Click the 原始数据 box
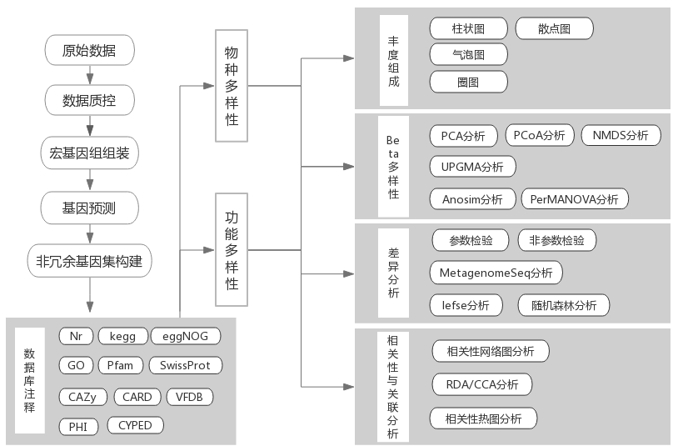click(x=89, y=51)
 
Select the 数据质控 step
click(x=89, y=102)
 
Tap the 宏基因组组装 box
click(x=89, y=153)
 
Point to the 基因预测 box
click(x=89, y=207)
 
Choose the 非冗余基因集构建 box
click(x=89, y=261)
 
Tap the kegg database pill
click(x=122, y=337)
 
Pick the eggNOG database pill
click(x=186, y=337)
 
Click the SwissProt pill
click(x=185, y=365)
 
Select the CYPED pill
click(x=135, y=425)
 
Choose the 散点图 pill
click(x=554, y=28)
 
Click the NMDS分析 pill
click(x=621, y=135)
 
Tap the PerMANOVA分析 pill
click(x=575, y=199)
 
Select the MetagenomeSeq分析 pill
click(x=496, y=273)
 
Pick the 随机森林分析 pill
click(x=564, y=305)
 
